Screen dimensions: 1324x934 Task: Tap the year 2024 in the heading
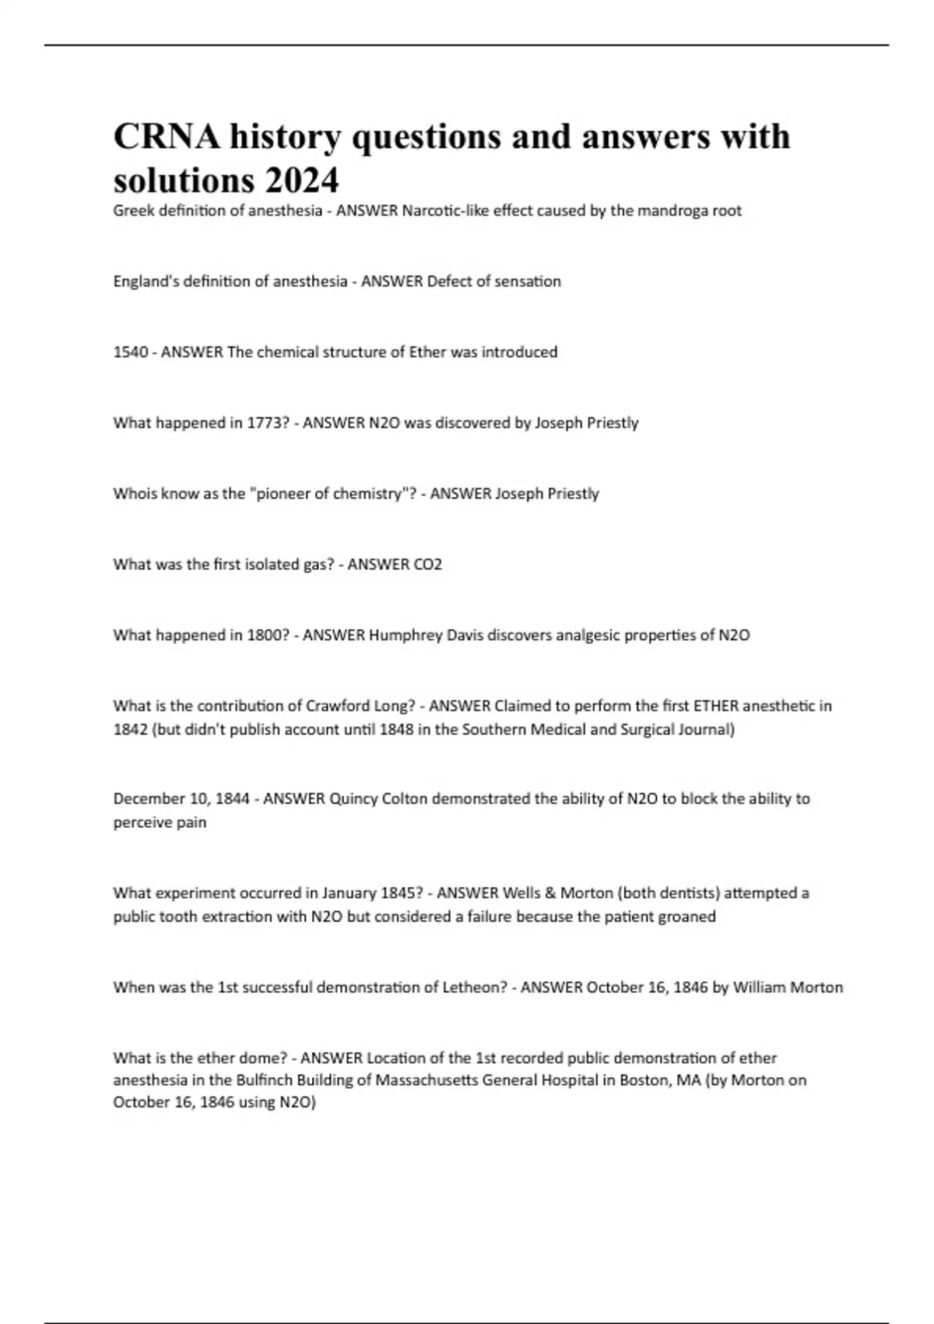pos(302,181)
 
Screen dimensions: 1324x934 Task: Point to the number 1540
pos(130,352)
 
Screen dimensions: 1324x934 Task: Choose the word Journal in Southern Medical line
pos(702,730)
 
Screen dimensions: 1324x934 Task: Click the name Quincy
pos(353,799)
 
